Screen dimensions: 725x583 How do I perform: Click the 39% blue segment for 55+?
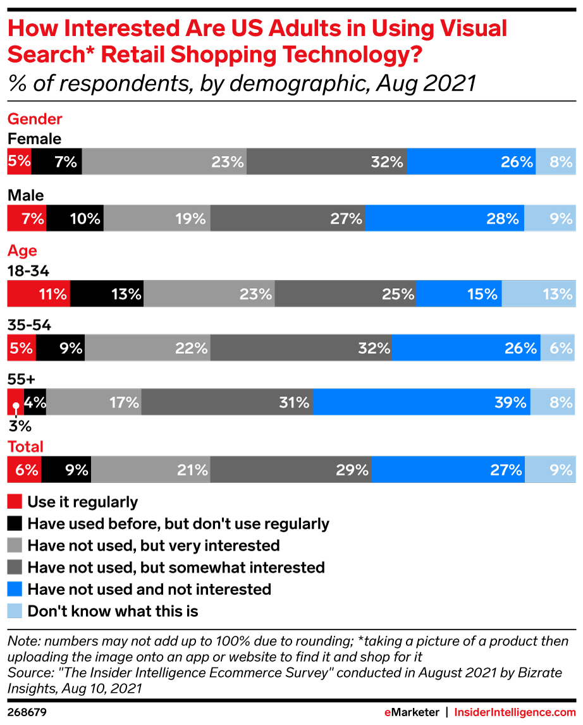pyautogui.click(x=421, y=402)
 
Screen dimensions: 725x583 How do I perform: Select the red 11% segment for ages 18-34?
pyautogui.click(x=39, y=294)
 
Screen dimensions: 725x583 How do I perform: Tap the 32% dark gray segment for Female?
pyautogui.click(x=326, y=162)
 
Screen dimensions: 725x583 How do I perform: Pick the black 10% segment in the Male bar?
pyautogui.click(x=75, y=219)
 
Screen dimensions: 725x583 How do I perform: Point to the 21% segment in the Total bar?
pyautogui.click(x=151, y=470)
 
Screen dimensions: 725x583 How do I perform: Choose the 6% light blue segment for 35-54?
pyautogui.click(x=558, y=348)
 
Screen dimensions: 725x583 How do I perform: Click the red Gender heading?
pyautogui.click(x=35, y=119)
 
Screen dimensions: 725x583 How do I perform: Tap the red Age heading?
pyautogui.click(x=22, y=251)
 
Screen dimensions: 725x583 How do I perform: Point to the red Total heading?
pyautogui.click(x=25, y=447)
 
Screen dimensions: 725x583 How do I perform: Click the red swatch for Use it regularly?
pyautogui.click(x=15, y=503)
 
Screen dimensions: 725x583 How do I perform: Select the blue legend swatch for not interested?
pyautogui.click(x=15, y=590)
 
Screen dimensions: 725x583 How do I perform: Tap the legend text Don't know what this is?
pyautogui.click(x=113, y=611)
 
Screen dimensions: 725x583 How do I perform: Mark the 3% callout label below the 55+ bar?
pyautogui.click(x=16, y=425)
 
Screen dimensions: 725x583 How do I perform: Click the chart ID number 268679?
pyautogui.click(x=27, y=712)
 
